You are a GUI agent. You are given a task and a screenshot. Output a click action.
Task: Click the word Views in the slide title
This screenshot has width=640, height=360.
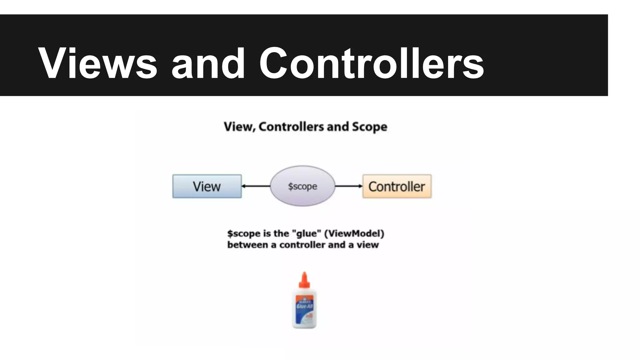97,63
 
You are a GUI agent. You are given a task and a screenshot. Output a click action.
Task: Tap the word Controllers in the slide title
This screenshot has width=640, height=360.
372,63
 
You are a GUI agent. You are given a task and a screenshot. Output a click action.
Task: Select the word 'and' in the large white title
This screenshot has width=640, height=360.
208,63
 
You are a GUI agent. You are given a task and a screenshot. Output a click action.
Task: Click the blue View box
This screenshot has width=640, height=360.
207,186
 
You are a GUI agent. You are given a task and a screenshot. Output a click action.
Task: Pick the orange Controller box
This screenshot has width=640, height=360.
397,186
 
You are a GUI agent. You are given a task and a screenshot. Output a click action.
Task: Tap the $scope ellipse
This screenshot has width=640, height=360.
302,186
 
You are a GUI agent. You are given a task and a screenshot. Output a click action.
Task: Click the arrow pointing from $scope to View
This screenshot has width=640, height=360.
256,186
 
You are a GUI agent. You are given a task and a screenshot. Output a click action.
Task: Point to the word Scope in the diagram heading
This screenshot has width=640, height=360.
369,127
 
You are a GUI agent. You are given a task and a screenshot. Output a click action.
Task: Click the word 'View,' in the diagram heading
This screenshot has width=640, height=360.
240,127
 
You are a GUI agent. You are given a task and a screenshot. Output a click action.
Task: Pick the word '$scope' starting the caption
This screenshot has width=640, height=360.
244,234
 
